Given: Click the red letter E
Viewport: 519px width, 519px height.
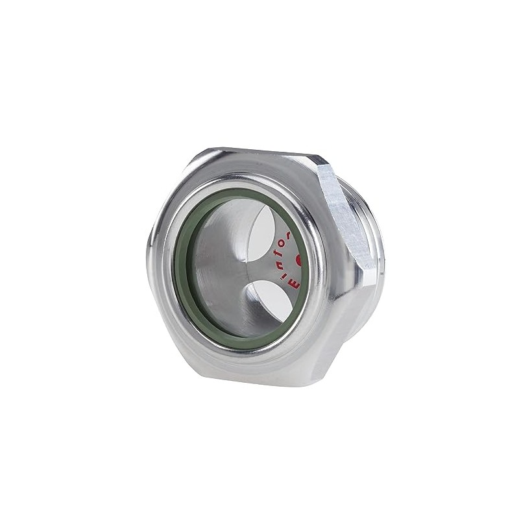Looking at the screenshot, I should pos(293,284).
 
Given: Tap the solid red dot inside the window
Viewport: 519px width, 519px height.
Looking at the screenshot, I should pos(300,260).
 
